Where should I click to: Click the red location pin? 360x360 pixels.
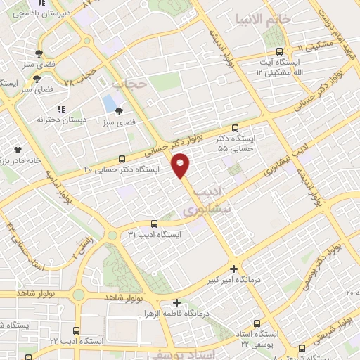pos(181,165)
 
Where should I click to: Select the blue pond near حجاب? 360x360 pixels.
pos(110,103)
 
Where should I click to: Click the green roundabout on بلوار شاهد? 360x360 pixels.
pos(78,295)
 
